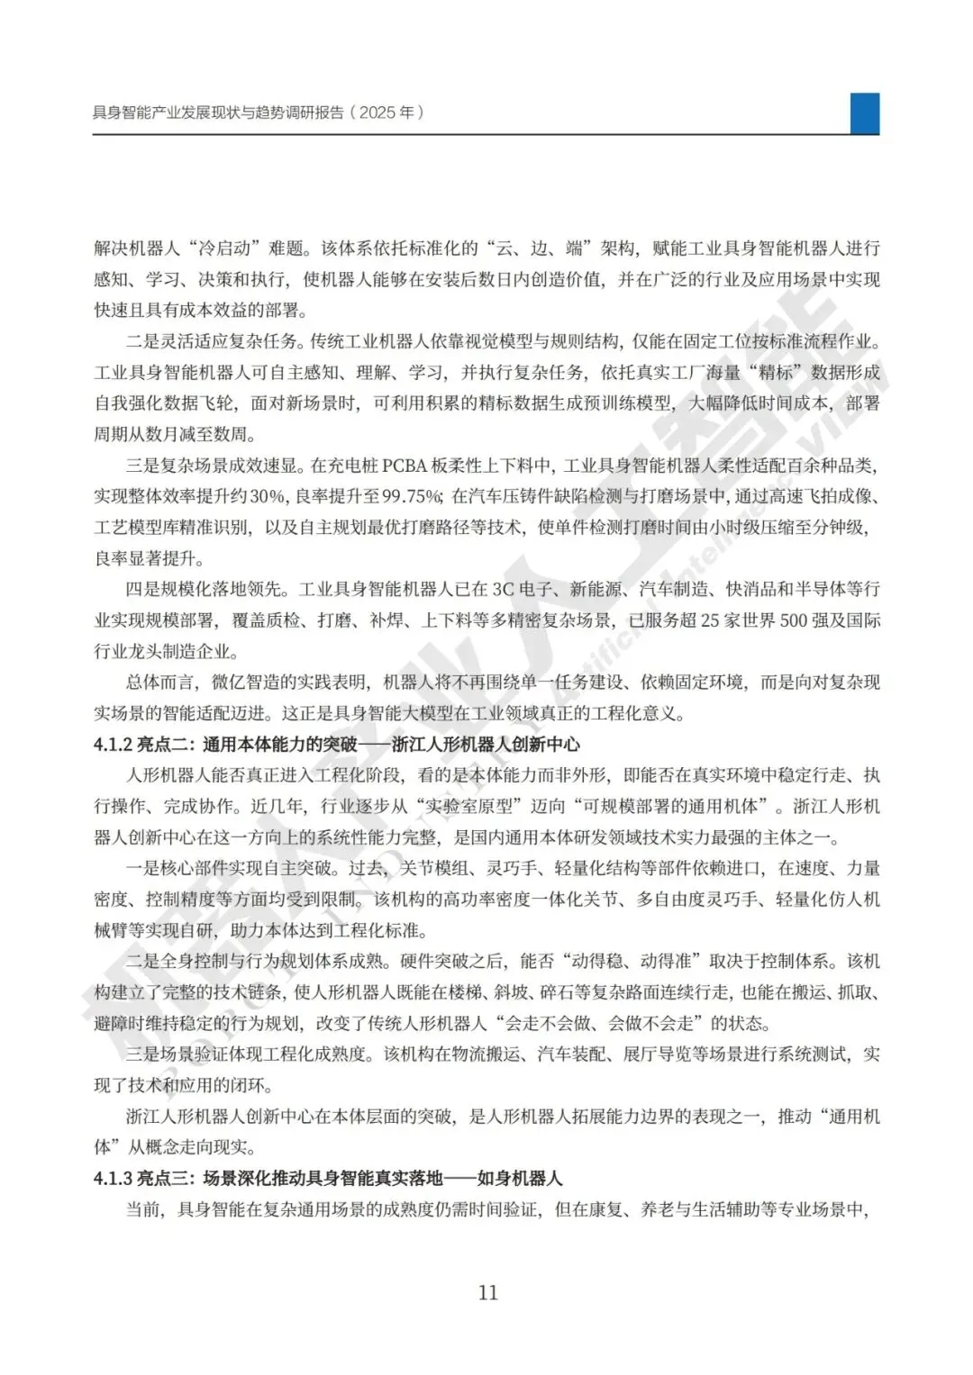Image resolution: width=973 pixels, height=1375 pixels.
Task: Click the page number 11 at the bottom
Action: pos(487,1293)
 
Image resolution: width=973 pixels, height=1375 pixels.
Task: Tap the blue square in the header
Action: pos(865,113)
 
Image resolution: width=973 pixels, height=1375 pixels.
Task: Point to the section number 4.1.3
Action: pos(114,1178)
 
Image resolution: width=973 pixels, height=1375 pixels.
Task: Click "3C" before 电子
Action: pos(502,590)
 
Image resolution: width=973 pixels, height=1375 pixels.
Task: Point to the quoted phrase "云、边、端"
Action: pos(541,249)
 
